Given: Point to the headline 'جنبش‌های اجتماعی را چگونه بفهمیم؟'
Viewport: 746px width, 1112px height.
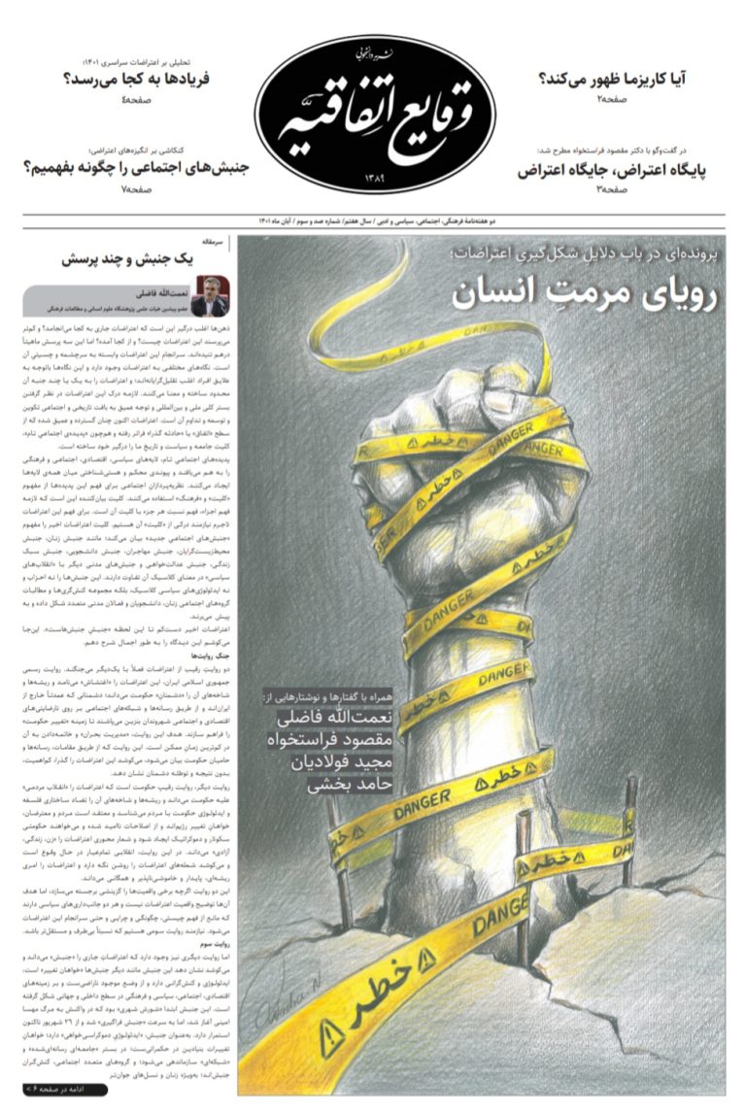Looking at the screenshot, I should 135,168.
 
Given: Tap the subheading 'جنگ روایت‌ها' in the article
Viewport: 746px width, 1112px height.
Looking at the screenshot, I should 207,657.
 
